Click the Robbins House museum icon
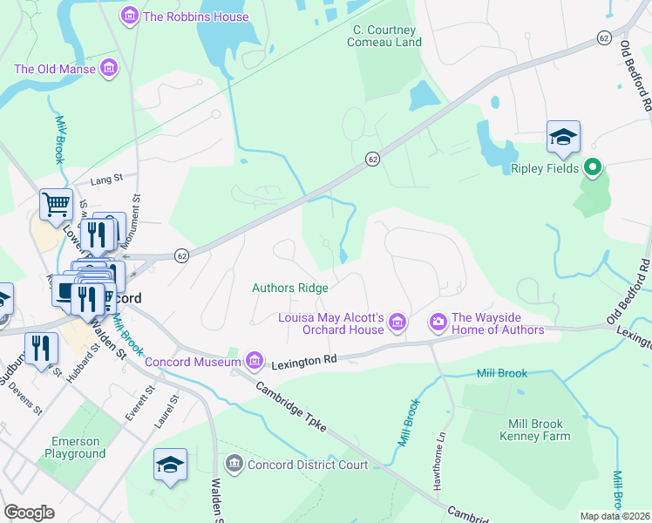(x=130, y=16)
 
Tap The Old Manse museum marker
(x=109, y=67)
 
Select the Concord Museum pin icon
(x=254, y=360)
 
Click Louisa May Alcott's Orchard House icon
(x=397, y=323)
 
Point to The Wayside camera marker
(x=438, y=323)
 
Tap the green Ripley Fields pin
(x=593, y=166)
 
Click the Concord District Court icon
(x=233, y=464)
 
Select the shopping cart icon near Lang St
(x=56, y=205)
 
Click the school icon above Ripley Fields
(x=563, y=137)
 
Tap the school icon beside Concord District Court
(x=170, y=465)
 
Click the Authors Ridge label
(x=290, y=288)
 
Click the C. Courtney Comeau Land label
(x=386, y=35)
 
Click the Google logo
(x=29, y=513)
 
